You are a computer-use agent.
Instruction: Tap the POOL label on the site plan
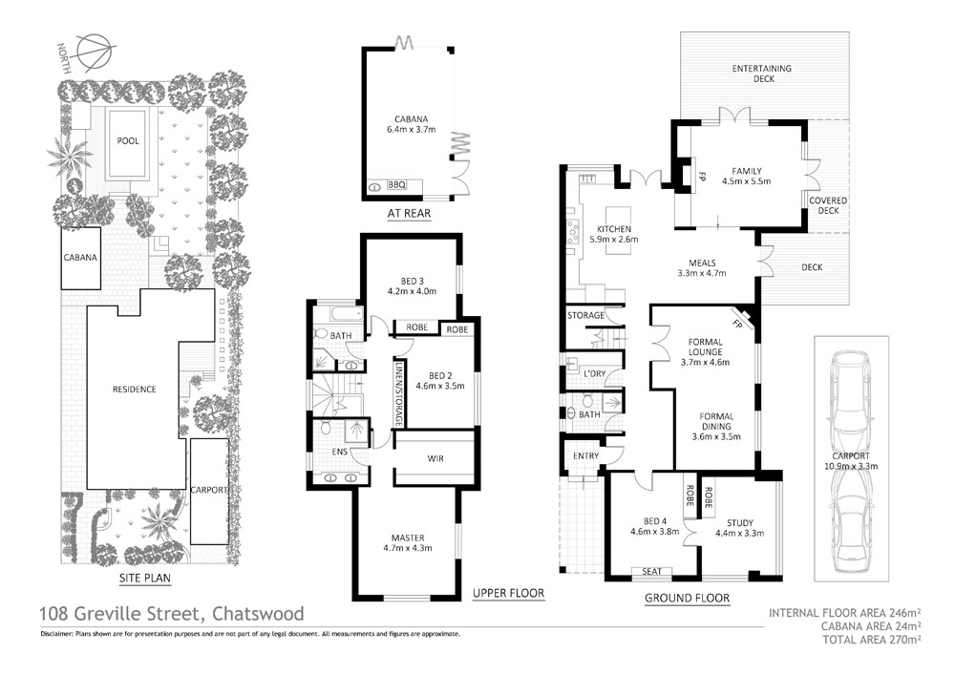128,141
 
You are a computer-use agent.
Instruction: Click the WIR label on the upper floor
435,457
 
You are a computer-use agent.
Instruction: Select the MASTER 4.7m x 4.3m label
408,542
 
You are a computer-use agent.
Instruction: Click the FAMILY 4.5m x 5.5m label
745,176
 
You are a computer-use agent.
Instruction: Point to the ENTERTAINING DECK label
763,74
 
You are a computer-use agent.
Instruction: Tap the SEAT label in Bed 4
653,572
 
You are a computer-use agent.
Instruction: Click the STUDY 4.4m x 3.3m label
740,528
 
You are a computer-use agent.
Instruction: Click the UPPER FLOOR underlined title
508,594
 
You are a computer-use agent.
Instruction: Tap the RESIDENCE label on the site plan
134,389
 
